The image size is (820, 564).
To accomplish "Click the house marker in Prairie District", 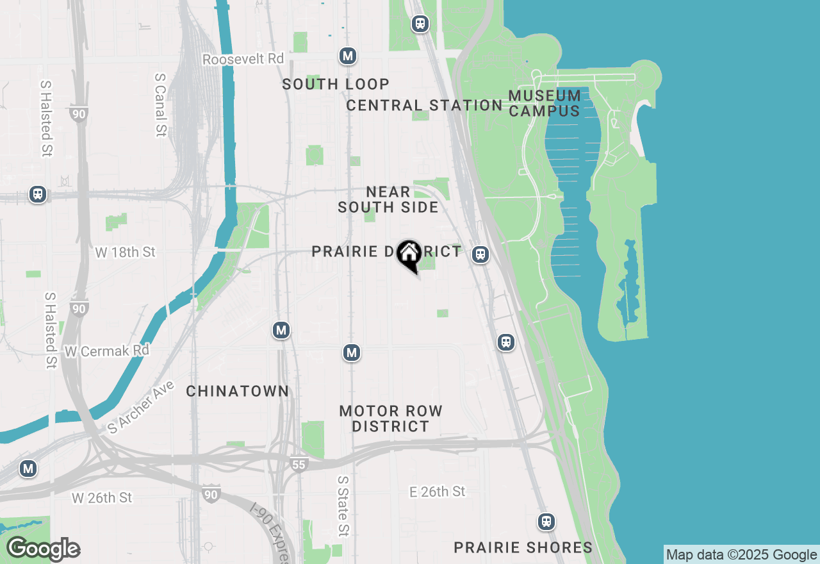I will tap(409, 254).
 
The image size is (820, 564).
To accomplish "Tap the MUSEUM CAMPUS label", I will tap(545, 103).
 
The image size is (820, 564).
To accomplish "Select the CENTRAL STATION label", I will tap(424, 105).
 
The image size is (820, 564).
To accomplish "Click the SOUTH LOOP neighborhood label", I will tap(336, 84).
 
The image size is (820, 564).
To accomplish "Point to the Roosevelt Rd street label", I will tap(243, 59).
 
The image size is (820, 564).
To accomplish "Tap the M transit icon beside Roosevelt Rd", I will tap(348, 56).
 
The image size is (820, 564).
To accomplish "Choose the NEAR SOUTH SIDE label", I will tap(388, 199).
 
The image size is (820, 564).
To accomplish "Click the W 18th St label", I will tap(125, 253).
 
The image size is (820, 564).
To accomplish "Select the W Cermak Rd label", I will tap(107, 351).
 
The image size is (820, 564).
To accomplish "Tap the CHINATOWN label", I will tap(238, 391).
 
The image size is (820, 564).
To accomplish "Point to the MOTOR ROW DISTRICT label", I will tap(391, 419).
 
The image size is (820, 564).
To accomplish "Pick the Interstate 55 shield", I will tap(299, 464).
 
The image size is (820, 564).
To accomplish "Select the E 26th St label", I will tap(438, 492).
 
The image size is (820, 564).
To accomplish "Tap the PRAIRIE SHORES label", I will tap(523, 547).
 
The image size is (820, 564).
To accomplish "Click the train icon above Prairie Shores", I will tap(546, 522).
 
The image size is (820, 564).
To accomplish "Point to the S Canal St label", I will tap(160, 104).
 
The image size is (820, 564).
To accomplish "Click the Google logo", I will tap(43, 549).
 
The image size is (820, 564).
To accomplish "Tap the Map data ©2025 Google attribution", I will tap(741, 555).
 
